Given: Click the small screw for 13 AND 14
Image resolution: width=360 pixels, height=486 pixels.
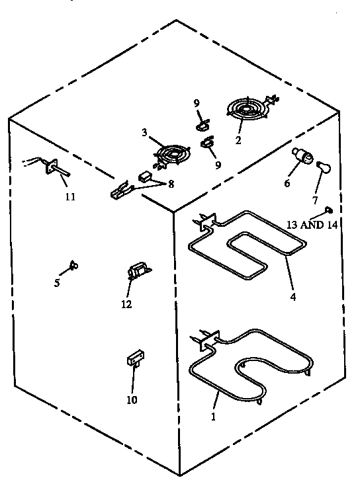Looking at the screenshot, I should (x=328, y=211).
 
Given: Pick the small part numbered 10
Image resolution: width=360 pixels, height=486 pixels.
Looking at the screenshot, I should (x=135, y=358).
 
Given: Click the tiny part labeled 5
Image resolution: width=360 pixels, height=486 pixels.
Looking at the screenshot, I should (x=73, y=266).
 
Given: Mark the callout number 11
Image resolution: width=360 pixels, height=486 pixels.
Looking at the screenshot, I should (x=69, y=197).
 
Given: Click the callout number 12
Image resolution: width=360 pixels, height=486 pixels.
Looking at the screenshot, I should (x=126, y=304).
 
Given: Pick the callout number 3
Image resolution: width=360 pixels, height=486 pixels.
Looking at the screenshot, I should (x=144, y=132).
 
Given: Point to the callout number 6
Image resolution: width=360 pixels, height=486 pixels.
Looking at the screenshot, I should (x=287, y=183).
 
